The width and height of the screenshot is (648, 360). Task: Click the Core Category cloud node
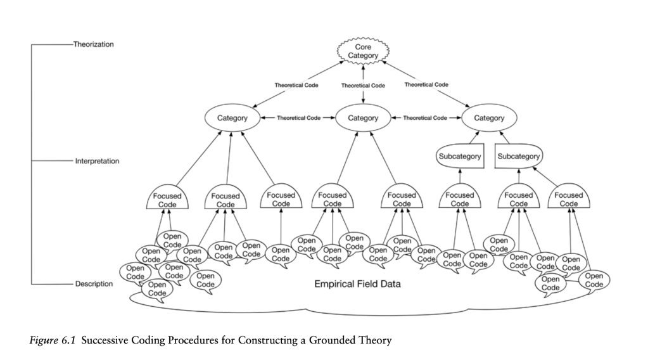(x=363, y=52)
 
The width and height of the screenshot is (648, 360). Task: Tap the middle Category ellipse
(x=363, y=118)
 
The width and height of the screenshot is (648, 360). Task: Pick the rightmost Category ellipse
(x=489, y=118)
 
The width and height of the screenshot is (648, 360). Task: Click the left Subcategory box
(x=460, y=156)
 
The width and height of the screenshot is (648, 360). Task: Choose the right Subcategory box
(x=518, y=156)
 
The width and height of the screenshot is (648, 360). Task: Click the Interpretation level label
(x=97, y=161)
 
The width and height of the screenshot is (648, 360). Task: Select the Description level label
(x=94, y=284)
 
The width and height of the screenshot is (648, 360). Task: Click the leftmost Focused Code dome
(x=167, y=200)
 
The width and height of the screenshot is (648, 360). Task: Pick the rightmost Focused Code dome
(x=568, y=200)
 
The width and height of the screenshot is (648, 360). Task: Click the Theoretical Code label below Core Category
(x=363, y=85)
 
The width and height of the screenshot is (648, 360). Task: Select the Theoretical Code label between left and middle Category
(x=298, y=118)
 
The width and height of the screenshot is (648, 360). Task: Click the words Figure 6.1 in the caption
(x=51, y=341)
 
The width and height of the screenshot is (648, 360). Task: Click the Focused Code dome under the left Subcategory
(x=460, y=200)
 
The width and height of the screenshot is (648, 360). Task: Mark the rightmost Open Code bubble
(x=594, y=280)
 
